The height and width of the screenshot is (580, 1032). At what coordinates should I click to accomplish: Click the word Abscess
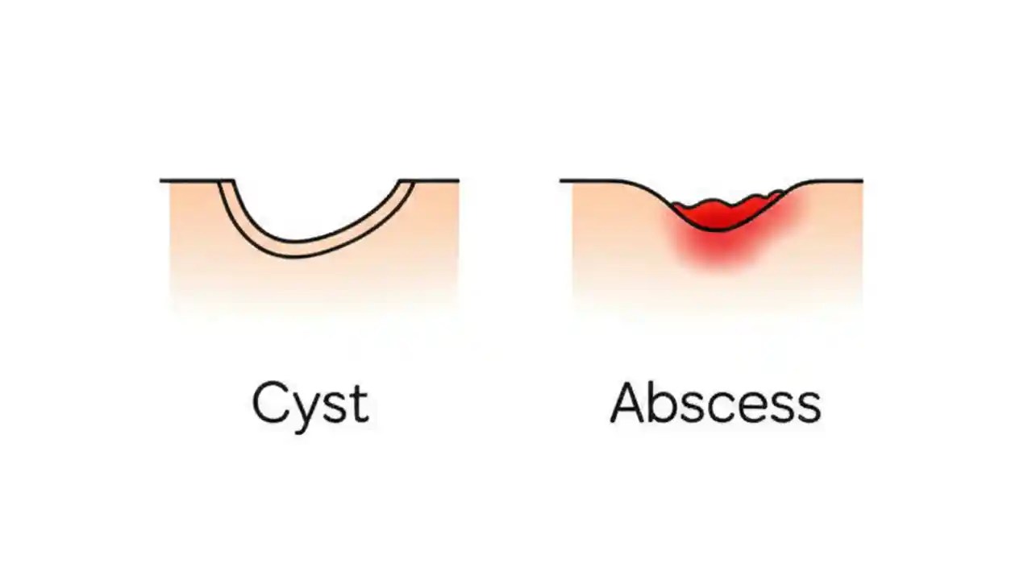(x=715, y=403)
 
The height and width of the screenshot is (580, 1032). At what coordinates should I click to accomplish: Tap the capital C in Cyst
(x=271, y=403)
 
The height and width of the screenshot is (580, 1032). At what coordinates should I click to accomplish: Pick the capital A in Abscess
(x=630, y=403)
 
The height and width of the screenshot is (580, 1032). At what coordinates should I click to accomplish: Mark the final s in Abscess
(x=809, y=407)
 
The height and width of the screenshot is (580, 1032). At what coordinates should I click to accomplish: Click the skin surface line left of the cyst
(x=189, y=180)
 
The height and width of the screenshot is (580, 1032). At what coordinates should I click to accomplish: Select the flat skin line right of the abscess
(x=838, y=180)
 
